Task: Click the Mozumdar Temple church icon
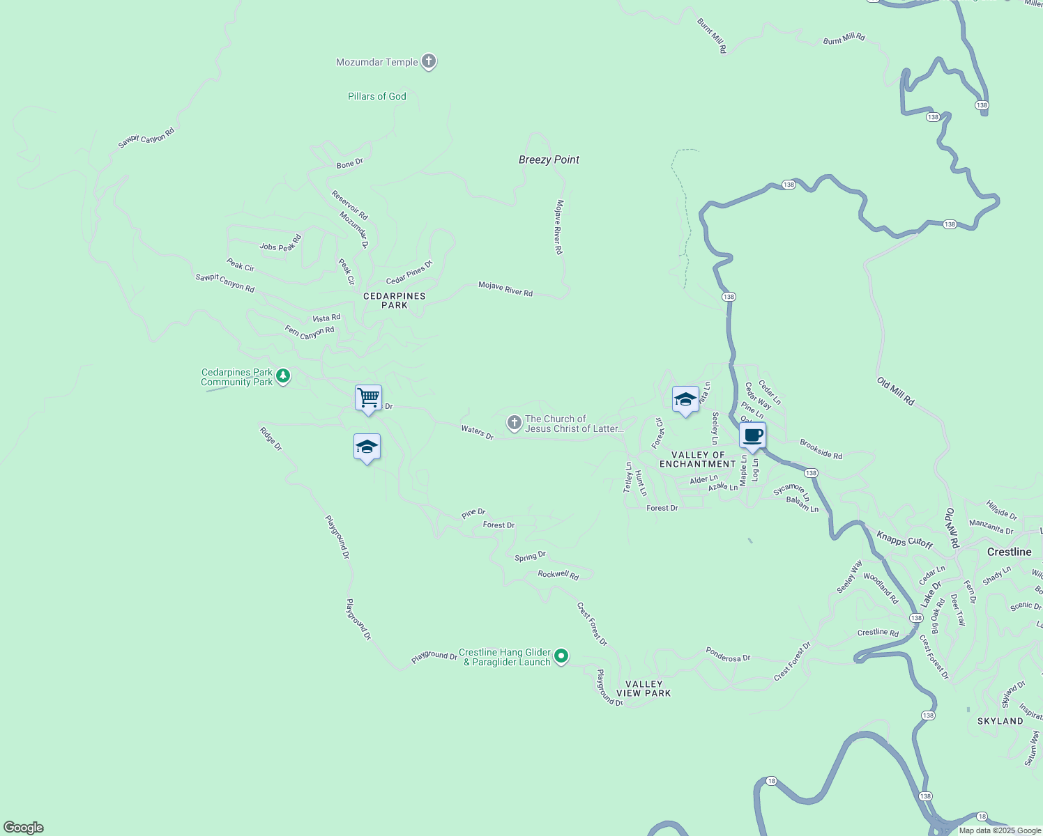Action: pyautogui.click(x=429, y=62)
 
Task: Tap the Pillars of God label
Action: pyautogui.click(x=376, y=96)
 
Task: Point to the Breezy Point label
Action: pyautogui.click(x=549, y=160)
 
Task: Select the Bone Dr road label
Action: pyautogui.click(x=349, y=164)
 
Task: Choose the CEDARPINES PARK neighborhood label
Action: pyautogui.click(x=394, y=300)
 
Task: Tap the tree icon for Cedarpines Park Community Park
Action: pyautogui.click(x=282, y=376)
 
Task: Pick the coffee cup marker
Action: pyautogui.click(x=752, y=436)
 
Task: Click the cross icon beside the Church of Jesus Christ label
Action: pyautogui.click(x=514, y=423)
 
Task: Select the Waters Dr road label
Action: pyautogui.click(x=477, y=433)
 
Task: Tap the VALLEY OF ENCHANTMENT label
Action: pyautogui.click(x=697, y=459)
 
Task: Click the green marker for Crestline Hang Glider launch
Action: pyautogui.click(x=561, y=656)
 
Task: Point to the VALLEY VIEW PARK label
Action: pyautogui.click(x=643, y=688)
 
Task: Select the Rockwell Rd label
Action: pyautogui.click(x=558, y=575)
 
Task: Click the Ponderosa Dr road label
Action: pyautogui.click(x=728, y=654)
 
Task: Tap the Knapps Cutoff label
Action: pyautogui.click(x=904, y=540)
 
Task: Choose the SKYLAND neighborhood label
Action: pyautogui.click(x=1000, y=721)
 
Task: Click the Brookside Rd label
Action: pyautogui.click(x=821, y=449)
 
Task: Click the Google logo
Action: pyautogui.click(x=24, y=828)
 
